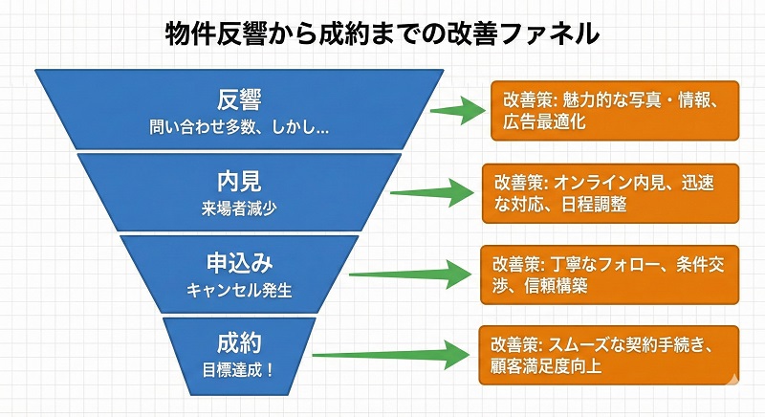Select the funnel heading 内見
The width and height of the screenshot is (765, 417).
pyautogui.click(x=239, y=181)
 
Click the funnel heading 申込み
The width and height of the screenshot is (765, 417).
pyautogui.click(x=239, y=262)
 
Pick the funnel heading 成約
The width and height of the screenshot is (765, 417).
pyautogui.click(x=239, y=340)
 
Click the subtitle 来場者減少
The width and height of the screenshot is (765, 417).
pyautogui.click(x=239, y=205)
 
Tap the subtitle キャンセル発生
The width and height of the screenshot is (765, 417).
pyautogui.click(x=239, y=286)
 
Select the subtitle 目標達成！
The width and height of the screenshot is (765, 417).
pyautogui.click(x=239, y=364)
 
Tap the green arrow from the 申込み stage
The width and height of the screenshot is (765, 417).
pyautogui.click(x=413, y=273)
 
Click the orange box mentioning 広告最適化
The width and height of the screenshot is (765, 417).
pyautogui.click(x=608, y=111)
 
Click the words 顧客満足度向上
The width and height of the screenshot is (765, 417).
pyautogui.click(x=546, y=365)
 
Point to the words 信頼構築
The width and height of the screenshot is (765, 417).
pyautogui.click(x=540, y=285)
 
